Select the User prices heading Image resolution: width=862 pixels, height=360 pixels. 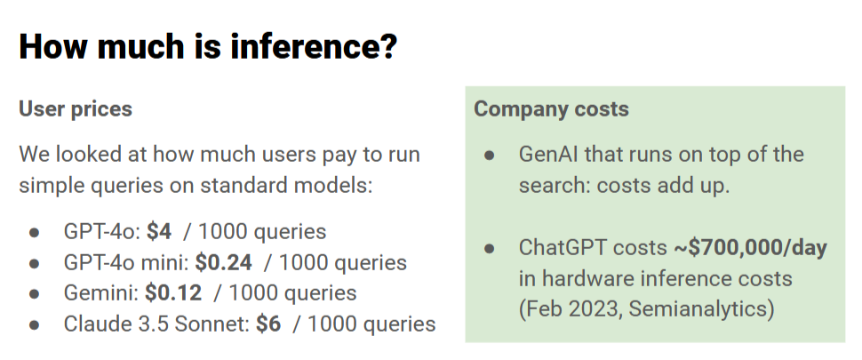pyautogui.click(x=76, y=109)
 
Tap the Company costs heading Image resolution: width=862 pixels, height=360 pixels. pyautogui.click(x=551, y=109)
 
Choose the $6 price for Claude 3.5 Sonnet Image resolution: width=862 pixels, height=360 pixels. pyautogui.click(x=268, y=324)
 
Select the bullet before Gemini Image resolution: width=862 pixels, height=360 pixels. pyautogui.click(x=35, y=294)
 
